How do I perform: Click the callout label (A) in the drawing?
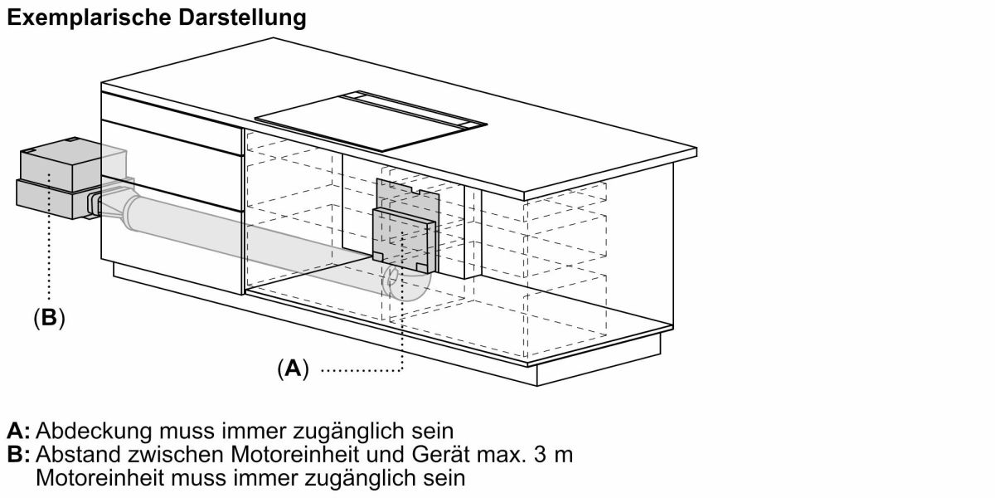click(x=293, y=369)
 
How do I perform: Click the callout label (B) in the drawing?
click(x=49, y=317)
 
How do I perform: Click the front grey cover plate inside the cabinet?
click(x=403, y=241)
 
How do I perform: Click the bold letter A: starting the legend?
click(x=18, y=432)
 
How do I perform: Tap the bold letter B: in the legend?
click(x=18, y=455)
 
